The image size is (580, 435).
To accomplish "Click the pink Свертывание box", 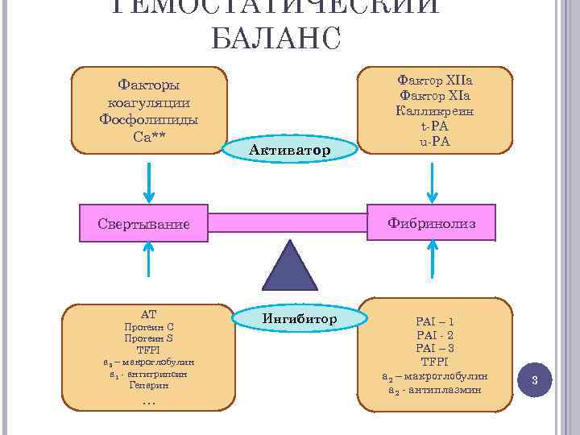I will click(x=144, y=223).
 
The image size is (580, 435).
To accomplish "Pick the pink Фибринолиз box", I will click(x=432, y=222).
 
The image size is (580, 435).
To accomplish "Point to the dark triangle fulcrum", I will click(x=289, y=267).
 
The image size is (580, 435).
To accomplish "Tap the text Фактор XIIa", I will click(x=435, y=81).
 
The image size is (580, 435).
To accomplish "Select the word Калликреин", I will click(x=435, y=111).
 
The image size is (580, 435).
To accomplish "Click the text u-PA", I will click(x=435, y=141).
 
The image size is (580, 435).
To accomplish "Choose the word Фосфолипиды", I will click(x=148, y=118).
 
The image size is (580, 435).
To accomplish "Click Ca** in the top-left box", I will click(x=148, y=135).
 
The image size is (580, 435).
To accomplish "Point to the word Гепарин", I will click(x=147, y=385).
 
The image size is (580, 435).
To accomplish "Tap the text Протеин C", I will click(x=148, y=327).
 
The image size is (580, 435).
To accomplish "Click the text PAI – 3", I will click(x=435, y=348).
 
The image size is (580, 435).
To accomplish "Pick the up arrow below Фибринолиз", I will click(x=433, y=267).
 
